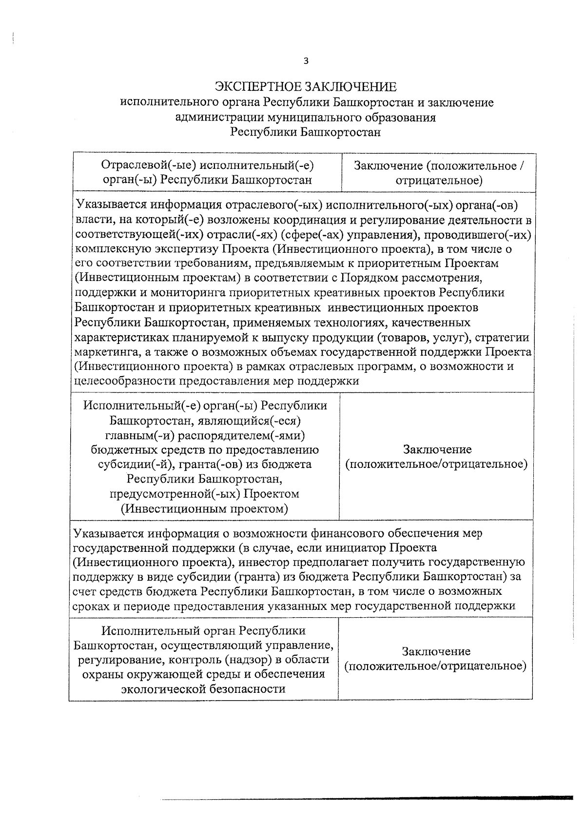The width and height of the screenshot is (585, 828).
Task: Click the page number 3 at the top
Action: (x=306, y=61)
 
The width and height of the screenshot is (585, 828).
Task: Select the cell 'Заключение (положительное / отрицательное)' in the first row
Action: (x=438, y=173)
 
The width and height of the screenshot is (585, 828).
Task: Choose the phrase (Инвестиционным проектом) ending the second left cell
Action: (x=204, y=508)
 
